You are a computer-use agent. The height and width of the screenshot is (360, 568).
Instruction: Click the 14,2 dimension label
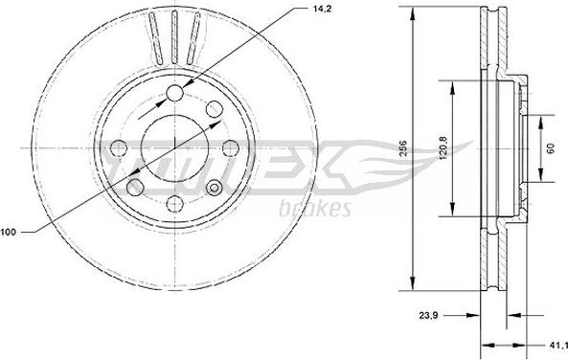coord(322,9)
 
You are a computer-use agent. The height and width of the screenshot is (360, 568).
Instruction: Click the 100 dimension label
coord(8,232)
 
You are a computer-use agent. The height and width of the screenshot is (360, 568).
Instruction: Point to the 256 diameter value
coord(403,147)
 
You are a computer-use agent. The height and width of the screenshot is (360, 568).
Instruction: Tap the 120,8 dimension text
coord(443,147)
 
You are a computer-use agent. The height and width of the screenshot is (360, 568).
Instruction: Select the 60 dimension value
coord(551,148)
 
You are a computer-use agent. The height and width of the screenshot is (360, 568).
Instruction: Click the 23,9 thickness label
coord(428,315)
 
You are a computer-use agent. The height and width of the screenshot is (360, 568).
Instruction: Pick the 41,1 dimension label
coord(558,345)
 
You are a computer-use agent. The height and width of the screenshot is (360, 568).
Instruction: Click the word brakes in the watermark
coord(315,209)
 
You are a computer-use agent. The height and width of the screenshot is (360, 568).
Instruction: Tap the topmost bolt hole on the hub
coord(175,93)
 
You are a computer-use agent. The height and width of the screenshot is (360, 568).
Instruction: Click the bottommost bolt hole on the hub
coord(175,204)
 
